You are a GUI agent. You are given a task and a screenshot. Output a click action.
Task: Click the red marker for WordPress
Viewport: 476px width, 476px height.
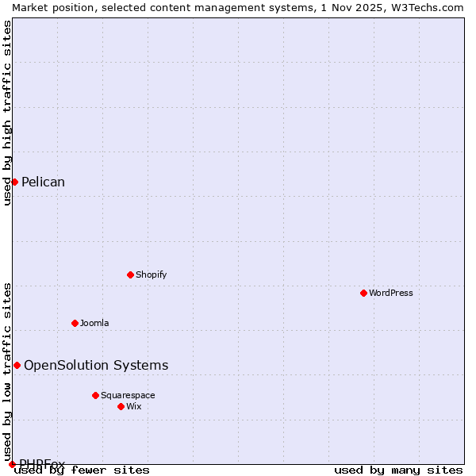363,293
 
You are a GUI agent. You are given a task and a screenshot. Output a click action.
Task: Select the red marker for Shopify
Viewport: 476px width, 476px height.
130,274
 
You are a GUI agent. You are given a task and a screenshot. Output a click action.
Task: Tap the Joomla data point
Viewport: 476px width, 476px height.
75,323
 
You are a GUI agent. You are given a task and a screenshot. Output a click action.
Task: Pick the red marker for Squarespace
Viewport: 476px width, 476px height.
95,395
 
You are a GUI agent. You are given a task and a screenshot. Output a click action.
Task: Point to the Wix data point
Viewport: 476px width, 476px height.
121,406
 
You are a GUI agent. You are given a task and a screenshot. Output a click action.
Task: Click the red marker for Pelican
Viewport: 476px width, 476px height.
14,182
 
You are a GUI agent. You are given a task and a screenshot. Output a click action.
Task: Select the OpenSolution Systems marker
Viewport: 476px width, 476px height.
17,365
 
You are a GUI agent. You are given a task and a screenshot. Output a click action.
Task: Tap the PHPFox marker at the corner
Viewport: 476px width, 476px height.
12,464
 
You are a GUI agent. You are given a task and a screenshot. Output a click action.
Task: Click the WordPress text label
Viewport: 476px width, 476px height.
391,293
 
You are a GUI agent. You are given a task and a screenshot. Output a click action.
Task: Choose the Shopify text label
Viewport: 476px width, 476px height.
152,274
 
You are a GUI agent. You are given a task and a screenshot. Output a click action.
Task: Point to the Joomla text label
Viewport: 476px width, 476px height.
94,323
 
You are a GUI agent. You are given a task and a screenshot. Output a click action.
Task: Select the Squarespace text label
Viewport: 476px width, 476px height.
128,395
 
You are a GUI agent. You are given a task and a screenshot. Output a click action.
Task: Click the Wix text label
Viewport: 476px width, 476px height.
134,406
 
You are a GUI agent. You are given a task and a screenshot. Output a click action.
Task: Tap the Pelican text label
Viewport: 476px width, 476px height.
43,182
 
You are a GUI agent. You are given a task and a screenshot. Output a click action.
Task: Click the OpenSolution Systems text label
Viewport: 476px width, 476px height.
96,365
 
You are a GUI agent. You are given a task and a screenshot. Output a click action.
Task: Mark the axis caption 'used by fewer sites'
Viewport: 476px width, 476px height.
82,470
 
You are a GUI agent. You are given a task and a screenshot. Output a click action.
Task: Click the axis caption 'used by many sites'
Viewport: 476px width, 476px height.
398,470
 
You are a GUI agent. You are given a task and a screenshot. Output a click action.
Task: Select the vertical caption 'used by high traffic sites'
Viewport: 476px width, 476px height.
7,113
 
